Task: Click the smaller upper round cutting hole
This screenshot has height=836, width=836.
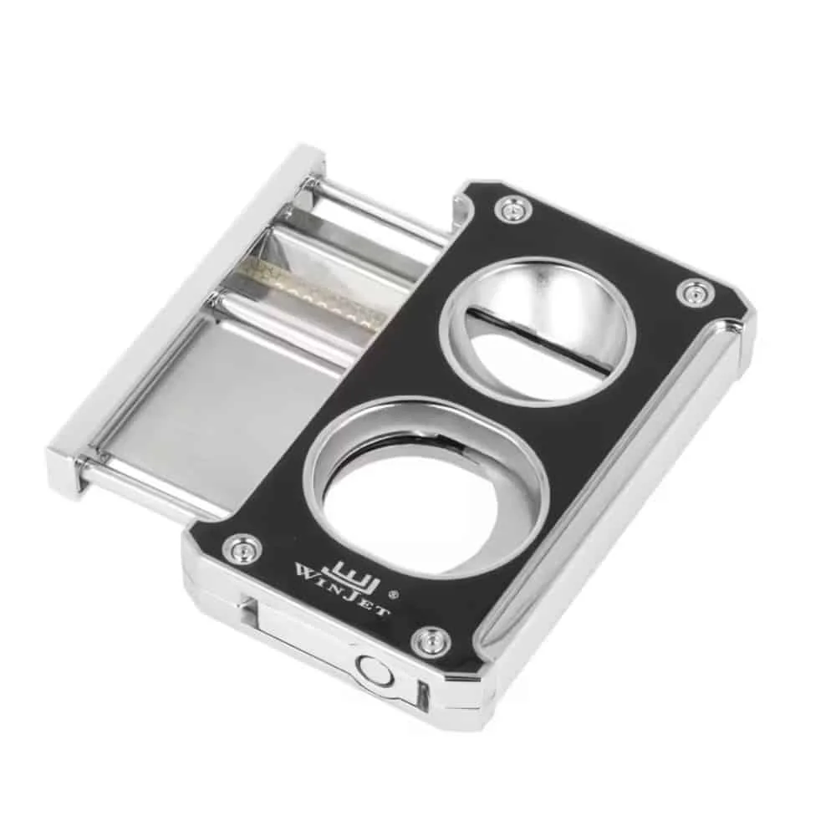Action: pos(538,326)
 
